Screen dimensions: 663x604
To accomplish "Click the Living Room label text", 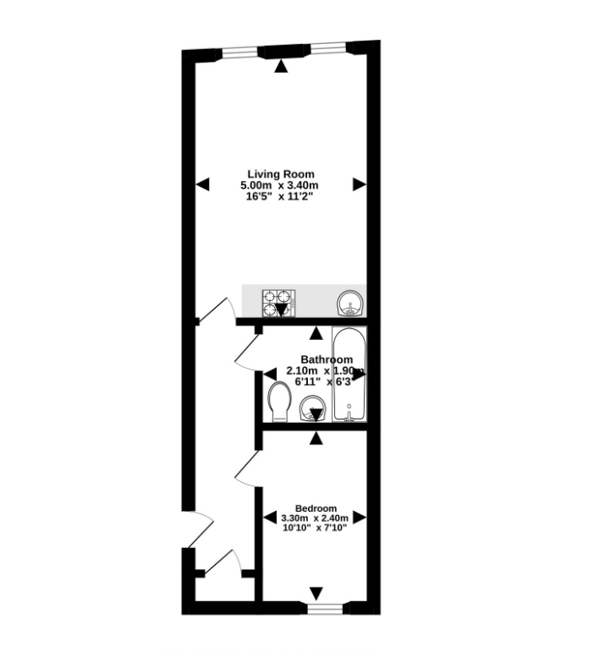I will pyautogui.click(x=280, y=174).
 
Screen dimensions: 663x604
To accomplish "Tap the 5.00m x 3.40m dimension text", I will pyautogui.click(x=280, y=185).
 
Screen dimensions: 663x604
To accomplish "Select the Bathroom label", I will pyautogui.click(x=316, y=359).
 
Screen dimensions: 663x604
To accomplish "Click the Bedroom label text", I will pyautogui.click(x=316, y=507).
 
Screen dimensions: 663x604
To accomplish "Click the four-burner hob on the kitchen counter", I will pyautogui.click(x=279, y=300).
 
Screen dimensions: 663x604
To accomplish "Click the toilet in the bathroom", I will pyautogui.click(x=278, y=403).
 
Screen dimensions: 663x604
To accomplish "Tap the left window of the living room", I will pyautogui.click(x=240, y=51).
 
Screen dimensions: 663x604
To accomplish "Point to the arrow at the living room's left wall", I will pyautogui.click(x=202, y=183).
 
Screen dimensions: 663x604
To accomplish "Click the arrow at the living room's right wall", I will pyautogui.click(x=360, y=183).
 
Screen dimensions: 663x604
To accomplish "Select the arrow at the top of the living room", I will pyautogui.click(x=280, y=65).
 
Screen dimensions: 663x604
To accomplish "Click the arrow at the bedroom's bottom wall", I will pyautogui.click(x=316, y=594).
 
